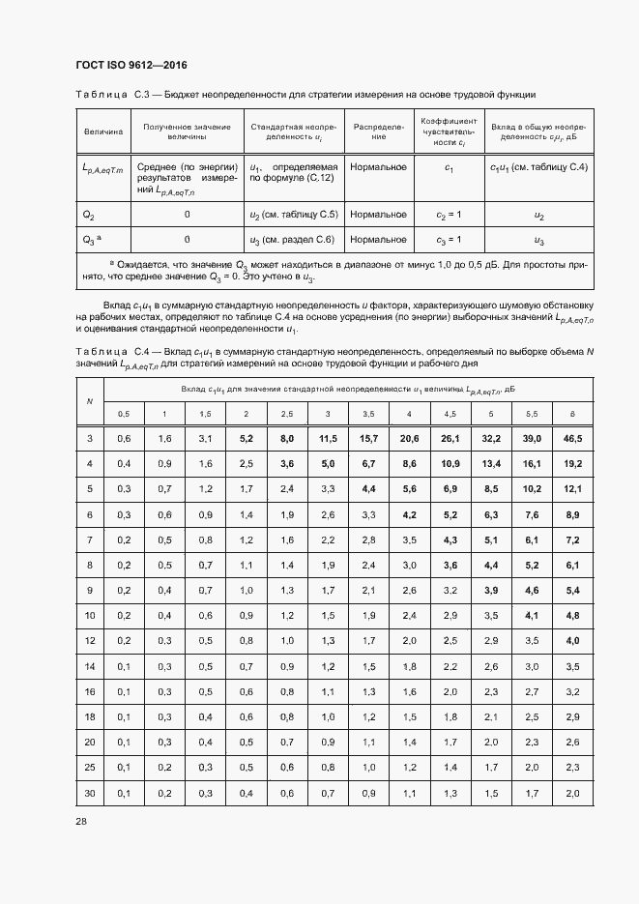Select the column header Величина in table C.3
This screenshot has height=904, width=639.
(102, 131)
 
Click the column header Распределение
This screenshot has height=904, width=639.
(378, 131)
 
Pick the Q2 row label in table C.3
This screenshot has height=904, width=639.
(89, 215)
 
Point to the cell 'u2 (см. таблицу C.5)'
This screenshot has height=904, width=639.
(294, 215)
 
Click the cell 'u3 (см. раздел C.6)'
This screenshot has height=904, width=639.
(292, 239)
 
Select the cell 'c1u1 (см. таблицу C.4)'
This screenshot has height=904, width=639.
(538, 168)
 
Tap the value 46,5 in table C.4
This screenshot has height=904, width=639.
(572, 439)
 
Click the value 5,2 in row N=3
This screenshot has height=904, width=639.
(246, 439)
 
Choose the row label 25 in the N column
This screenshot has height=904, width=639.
(90, 767)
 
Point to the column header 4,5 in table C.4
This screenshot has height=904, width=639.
(450, 414)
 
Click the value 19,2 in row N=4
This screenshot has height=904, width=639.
(572, 464)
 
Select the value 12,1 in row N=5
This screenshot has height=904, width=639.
(572, 489)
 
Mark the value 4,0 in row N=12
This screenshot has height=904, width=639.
(572, 641)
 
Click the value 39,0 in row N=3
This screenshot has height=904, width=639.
(532, 439)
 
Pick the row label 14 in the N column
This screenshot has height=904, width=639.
(90, 666)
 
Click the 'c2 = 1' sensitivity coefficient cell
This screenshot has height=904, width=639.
(449, 215)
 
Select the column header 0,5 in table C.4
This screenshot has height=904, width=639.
(124, 414)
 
